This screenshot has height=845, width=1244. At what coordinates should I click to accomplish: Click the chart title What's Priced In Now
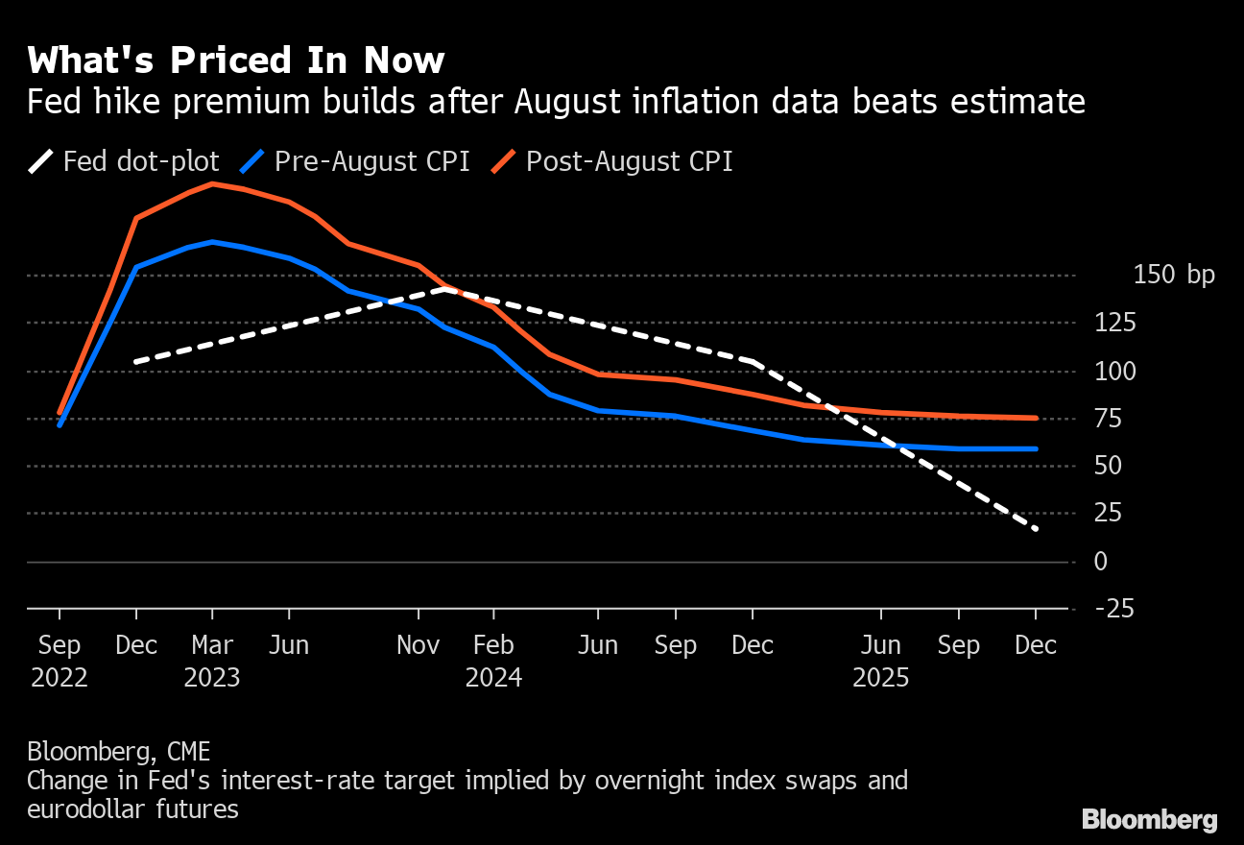tap(235, 60)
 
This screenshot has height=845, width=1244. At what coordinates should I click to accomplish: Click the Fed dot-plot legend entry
tap(125, 160)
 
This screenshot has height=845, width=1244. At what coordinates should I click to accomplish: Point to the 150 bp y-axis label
tap(1173, 275)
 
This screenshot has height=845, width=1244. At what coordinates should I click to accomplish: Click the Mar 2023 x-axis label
tap(212, 661)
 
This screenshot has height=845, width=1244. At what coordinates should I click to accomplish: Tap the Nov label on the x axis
tap(419, 645)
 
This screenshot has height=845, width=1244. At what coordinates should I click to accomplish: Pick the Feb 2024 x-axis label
tap(493, 661)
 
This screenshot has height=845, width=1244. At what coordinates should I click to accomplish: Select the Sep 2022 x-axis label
tap(60, 661)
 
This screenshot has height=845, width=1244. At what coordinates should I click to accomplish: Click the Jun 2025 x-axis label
tap(881, 661)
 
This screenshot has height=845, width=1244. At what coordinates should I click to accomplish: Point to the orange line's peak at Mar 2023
tap(212, 182)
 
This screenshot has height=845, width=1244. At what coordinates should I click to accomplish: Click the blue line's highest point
tap(212, 242)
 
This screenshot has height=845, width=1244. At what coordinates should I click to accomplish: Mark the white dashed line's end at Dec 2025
tap(1036, 529)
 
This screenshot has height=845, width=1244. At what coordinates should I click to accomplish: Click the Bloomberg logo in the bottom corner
tap(1149, 819)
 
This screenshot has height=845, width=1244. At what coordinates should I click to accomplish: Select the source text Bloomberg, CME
tap(118, 751)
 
